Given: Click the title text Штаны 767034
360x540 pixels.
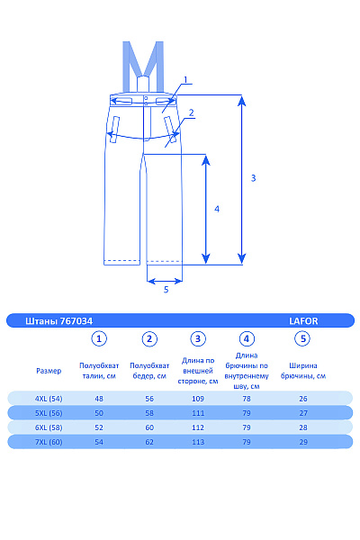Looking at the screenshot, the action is pos(58,321).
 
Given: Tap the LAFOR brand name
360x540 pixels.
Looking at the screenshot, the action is pos(303,321).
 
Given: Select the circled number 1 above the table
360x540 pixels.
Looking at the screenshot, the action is pos(99,339).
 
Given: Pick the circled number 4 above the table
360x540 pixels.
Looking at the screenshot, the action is pos(247,339).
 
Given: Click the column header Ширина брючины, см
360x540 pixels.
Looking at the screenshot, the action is pos(303,371).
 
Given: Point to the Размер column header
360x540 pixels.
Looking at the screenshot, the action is pos(49,371).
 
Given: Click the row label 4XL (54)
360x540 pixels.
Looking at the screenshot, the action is pos(49,399).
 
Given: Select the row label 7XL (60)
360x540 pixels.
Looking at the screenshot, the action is pos(49,442).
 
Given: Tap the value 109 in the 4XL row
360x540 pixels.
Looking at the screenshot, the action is pos(198,399).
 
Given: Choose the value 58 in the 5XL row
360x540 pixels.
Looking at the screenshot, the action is pos(149,413).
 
